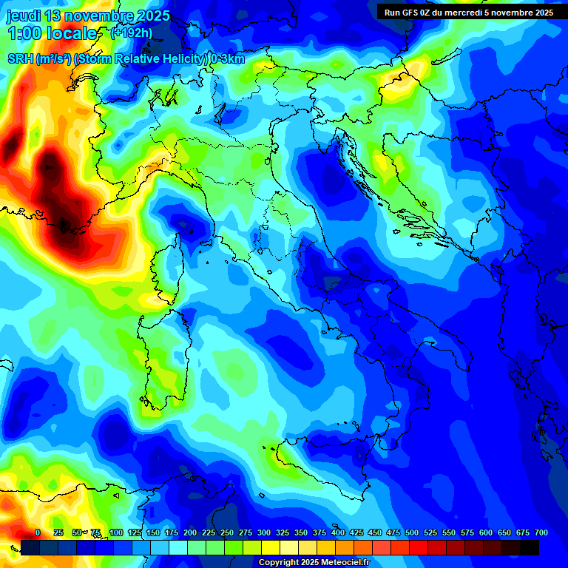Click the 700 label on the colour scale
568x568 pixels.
click(x=541, y=532)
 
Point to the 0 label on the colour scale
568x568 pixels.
click(x=38, y=532)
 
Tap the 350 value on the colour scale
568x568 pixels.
click(x=301, y=532)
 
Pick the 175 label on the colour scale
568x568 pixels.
click(x=172, y=532)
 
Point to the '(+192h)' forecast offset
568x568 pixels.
click(x=132, y=33)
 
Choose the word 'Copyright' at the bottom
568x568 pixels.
click(x=278, y=563)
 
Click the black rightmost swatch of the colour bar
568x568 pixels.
click(x=530, y=547)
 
